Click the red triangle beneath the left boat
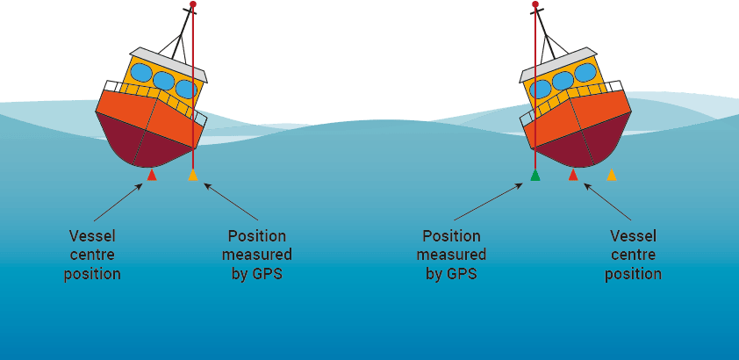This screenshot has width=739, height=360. [152, 176]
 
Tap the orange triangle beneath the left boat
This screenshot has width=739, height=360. [193, 176]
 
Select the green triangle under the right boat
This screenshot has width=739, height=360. [535, 176]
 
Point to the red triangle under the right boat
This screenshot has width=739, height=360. [573, 176]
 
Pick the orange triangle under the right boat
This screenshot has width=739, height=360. [612, 176]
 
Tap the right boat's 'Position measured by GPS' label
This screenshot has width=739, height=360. [451, 256]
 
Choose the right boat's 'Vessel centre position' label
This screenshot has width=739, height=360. [634, 256]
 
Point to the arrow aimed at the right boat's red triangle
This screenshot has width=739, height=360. [608, 202]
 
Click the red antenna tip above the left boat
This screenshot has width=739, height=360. [193, 4]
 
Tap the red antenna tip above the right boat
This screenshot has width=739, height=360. [535, 4]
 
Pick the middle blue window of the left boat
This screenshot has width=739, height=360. [163, 81]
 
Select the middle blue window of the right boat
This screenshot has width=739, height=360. [563, 81]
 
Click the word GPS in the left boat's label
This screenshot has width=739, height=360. [269, 274]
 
